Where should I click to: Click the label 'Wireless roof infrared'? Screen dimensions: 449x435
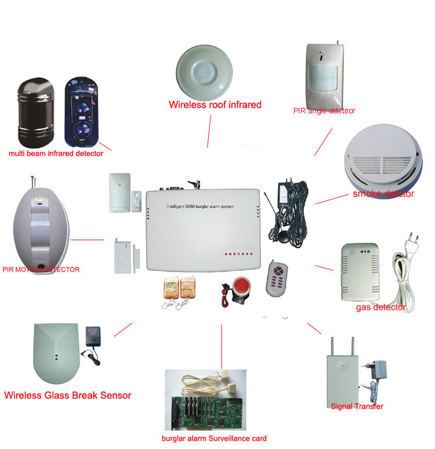[215, 105]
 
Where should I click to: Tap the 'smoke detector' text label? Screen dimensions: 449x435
[383, 194]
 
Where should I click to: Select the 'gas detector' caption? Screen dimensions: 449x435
[380, 307]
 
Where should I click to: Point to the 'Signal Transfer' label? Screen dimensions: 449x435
[356, 406]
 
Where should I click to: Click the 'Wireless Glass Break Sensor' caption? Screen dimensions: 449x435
[68, 396]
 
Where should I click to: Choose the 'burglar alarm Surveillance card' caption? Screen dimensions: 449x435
[214, 439]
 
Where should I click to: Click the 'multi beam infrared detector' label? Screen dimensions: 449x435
[56, 154]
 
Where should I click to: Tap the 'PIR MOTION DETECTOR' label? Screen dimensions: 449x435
[41, 269]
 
